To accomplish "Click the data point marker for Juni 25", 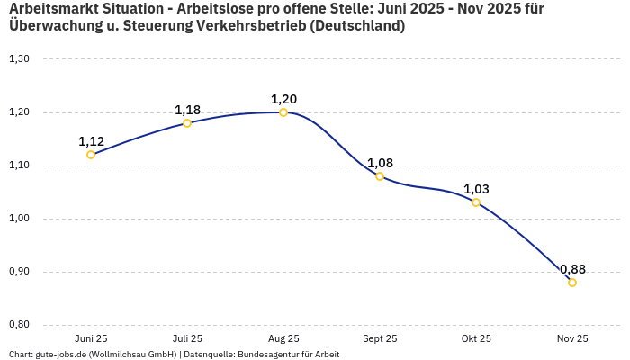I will click(91, 155).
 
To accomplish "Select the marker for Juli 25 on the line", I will click(187, 123).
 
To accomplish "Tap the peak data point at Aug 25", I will click(283, 112).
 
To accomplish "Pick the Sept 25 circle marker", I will click(380, 176).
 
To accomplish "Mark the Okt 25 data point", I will click(476, 202).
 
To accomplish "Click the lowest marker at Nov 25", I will click(572, 283).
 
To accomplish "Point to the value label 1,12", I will click(91, 141).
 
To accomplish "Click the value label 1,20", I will click(283, 99).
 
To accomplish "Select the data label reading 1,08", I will click(380, 163).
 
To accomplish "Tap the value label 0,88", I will click(572, 269).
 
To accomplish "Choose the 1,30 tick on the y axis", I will click(19, 59).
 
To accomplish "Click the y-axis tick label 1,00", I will click(19, 219).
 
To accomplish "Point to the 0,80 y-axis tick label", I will click(19, 325).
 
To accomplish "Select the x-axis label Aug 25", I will click(283, 339).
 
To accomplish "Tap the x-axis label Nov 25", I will click(572, 339).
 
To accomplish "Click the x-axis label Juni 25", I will click(91, 339).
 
